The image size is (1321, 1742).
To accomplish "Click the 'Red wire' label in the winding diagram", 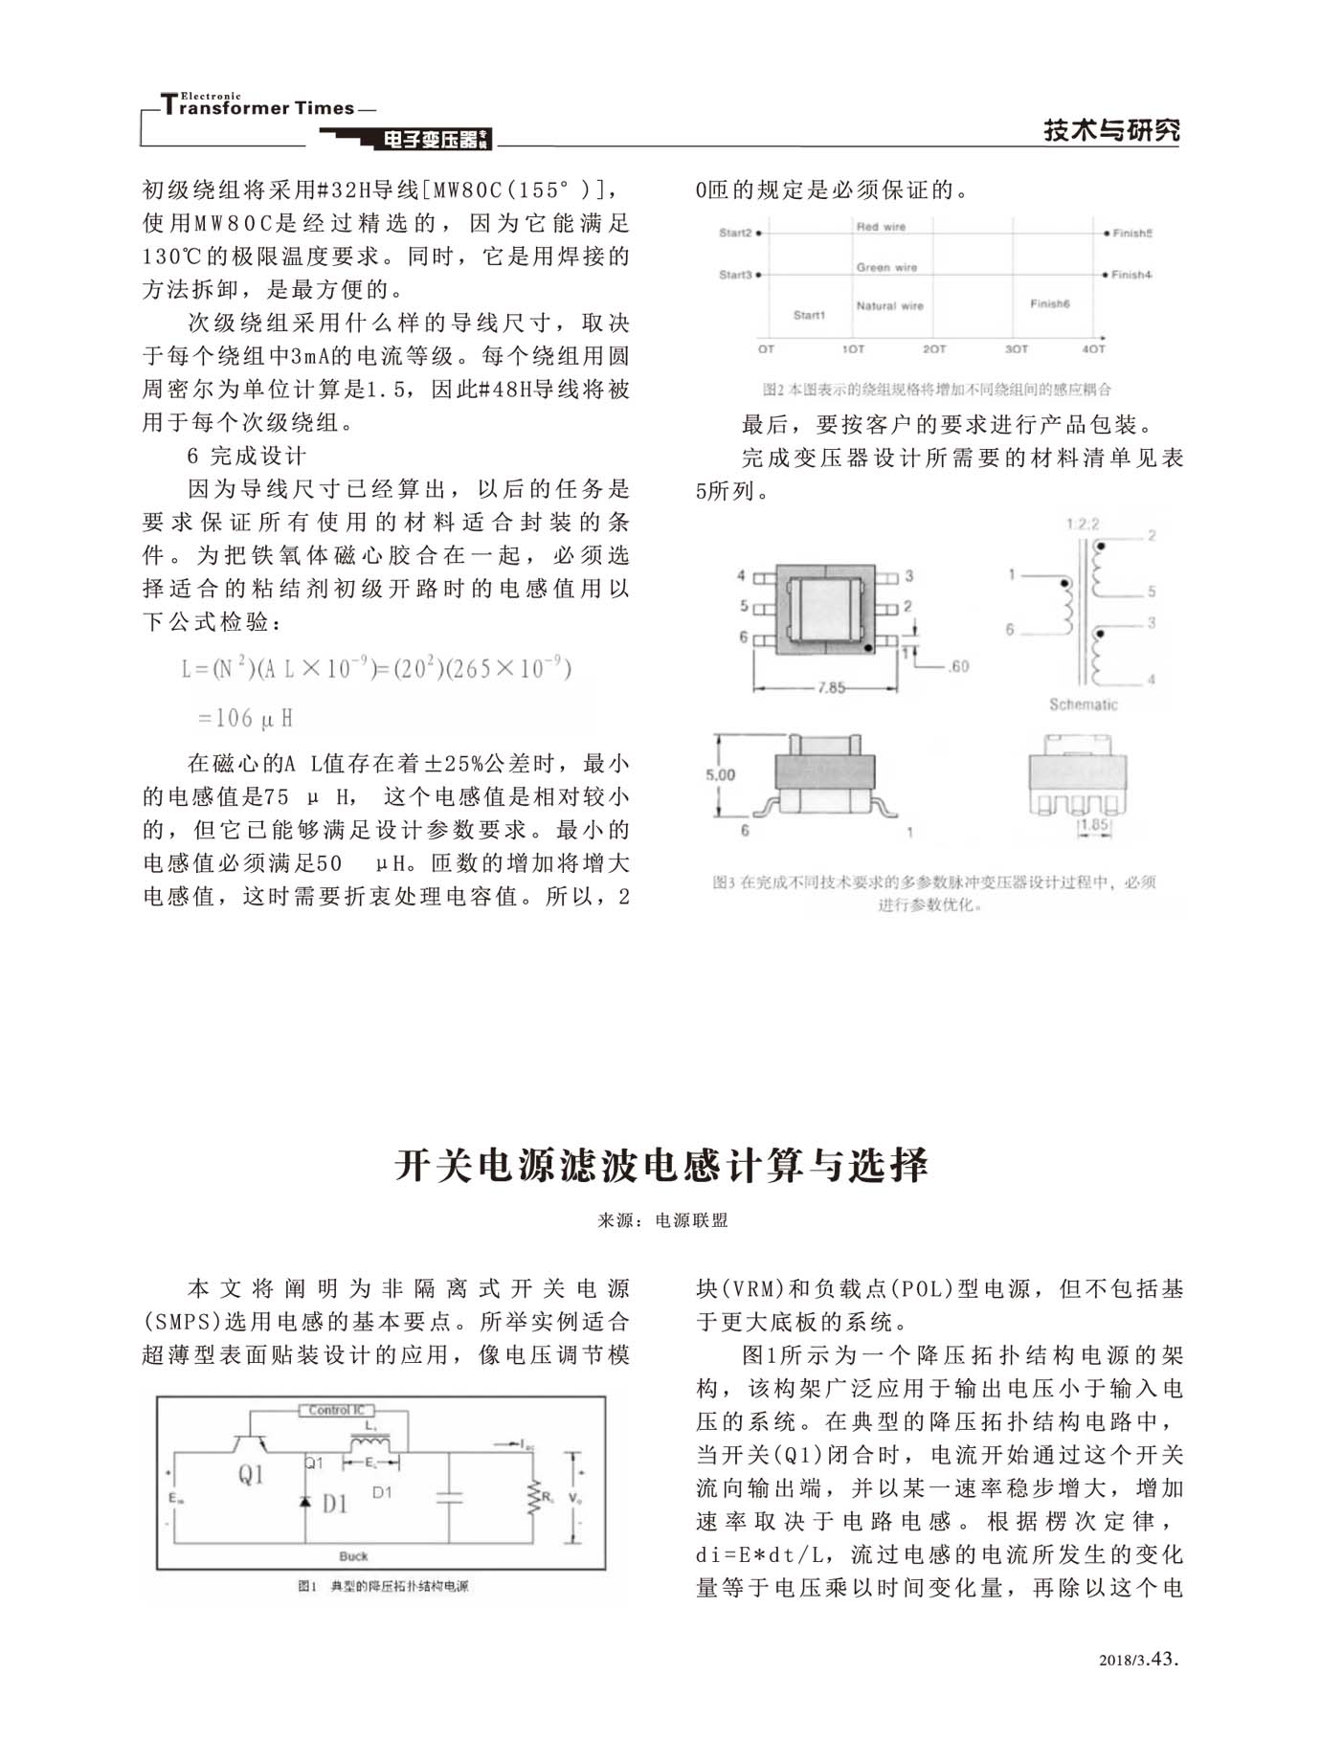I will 881,227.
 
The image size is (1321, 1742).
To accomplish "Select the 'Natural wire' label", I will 889,306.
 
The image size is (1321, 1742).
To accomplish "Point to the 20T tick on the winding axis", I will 934,349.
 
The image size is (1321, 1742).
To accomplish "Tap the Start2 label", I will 736,233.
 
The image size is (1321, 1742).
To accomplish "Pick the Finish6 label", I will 1049,303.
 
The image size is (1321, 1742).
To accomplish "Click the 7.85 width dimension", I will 831,687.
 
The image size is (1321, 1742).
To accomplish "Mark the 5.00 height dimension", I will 720,775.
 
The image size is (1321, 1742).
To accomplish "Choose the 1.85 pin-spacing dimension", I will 1093,825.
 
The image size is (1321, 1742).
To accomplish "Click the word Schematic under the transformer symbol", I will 1083,704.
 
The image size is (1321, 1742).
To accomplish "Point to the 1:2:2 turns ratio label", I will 1083,525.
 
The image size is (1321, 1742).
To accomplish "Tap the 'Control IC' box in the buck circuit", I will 336,1410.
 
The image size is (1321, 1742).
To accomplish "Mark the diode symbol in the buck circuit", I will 305,1501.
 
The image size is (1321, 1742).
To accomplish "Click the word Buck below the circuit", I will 353,1556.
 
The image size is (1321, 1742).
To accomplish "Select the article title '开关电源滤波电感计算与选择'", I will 660,1165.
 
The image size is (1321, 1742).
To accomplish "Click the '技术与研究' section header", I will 1110,130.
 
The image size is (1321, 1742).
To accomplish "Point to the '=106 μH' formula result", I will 245,718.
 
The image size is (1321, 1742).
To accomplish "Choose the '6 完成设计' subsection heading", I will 247,456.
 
